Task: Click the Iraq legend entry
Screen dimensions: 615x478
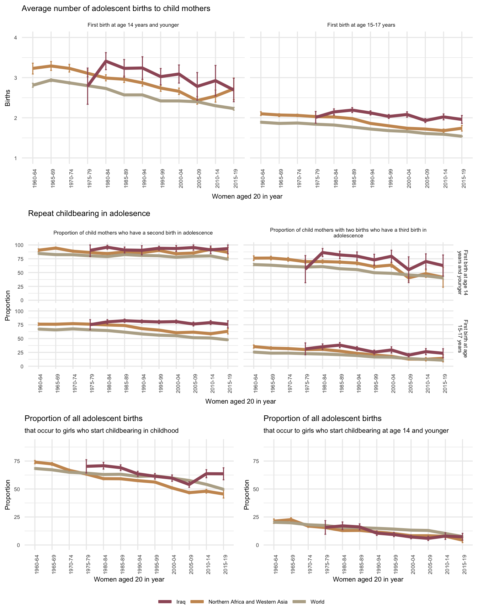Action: [x=181, y=602]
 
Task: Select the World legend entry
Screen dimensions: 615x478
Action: [x=317, y=602]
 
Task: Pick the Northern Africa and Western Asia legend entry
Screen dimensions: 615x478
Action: [x=248, y=602]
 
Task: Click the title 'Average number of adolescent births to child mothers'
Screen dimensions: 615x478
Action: [x=116, y=9]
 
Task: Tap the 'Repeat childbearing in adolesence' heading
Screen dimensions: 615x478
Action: [x=89, y=214]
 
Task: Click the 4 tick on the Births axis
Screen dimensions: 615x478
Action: [x=15, y=38]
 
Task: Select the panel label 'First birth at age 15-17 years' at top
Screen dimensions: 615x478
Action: [x=361, y=25]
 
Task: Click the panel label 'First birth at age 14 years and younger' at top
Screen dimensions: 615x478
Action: [x=133, y=25]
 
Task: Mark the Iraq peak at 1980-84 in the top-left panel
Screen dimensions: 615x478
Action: [x=106, y=61]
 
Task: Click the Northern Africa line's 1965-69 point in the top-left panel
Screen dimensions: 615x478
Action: [x=51, y=66]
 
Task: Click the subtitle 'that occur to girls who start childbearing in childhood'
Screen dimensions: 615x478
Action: [x=101, y=431]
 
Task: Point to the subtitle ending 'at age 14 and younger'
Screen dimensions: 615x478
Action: [x=356, y=431]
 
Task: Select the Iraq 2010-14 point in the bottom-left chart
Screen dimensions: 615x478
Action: [x=206, y=473]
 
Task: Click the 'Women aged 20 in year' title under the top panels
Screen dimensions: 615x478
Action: [x=247, y=196]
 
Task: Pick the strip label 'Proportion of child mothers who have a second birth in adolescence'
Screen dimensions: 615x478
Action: [x=133, y=233]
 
